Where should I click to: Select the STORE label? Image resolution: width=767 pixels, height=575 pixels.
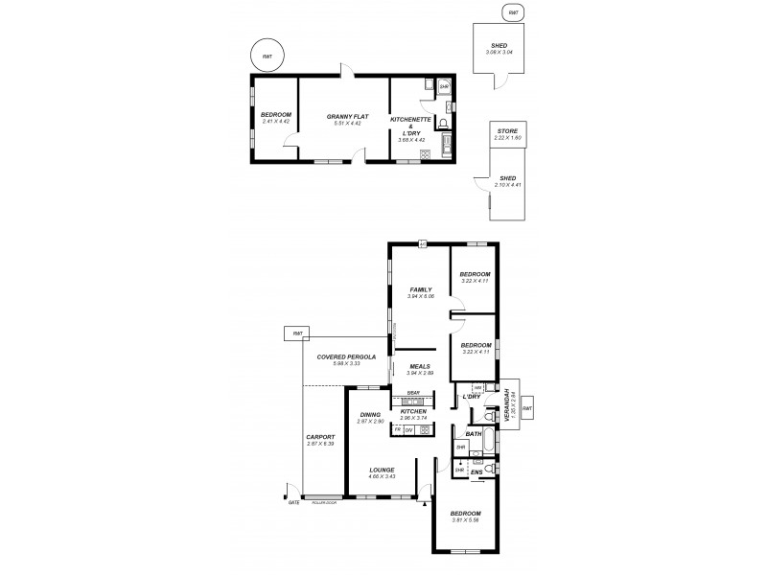coord(507,129)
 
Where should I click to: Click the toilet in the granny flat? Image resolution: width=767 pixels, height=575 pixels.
coord(442,123)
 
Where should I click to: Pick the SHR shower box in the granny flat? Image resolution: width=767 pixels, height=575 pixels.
coord(443,87)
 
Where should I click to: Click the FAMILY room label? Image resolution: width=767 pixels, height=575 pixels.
coord(420,289)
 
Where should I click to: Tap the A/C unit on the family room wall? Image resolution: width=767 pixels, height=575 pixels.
coord(422,242)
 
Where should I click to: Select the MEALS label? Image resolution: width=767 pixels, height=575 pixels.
coord(419,366)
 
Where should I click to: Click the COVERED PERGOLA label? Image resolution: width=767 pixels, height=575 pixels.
coord(341,356)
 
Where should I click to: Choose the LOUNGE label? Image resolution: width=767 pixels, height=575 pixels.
coord(382,470)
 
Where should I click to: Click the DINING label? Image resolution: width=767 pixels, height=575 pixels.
coord(370,414)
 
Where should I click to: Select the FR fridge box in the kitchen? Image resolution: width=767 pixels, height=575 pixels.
coord(398,429)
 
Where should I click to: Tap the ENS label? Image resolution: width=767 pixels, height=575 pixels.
coord(476,472)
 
